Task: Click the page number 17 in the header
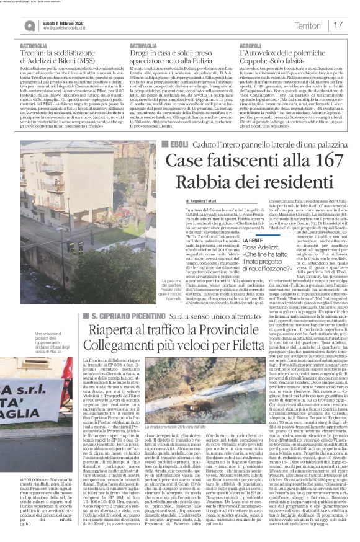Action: [338, 24]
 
